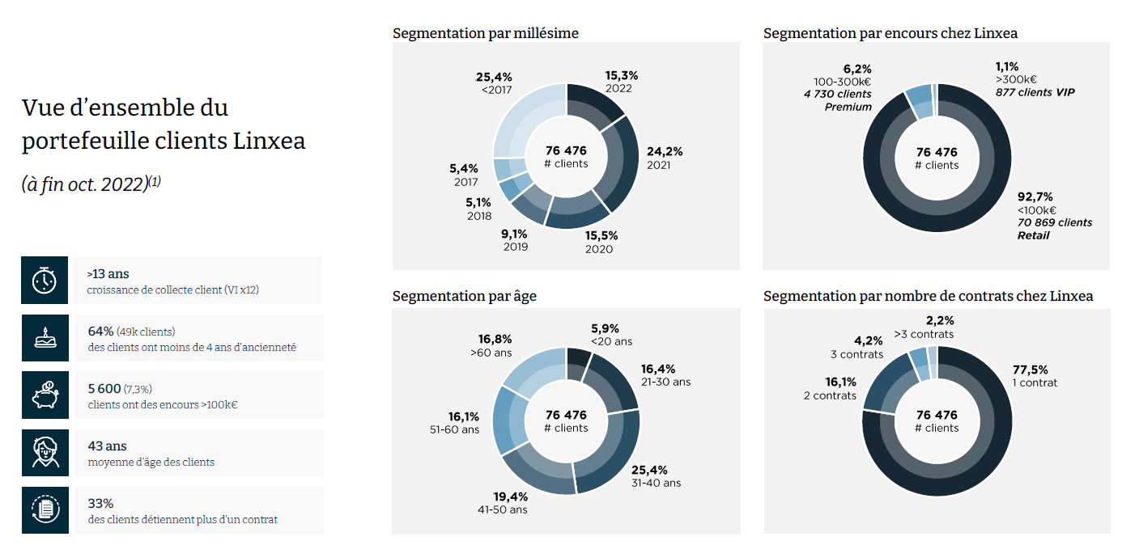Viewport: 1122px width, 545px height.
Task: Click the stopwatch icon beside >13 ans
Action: click(45, 280)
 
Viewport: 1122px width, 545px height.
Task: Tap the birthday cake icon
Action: click(45, 337)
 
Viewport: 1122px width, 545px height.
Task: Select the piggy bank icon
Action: click(45, 395)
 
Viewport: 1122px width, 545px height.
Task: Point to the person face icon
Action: click(45, 453)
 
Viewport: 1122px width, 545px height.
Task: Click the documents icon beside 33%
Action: click(45, 509)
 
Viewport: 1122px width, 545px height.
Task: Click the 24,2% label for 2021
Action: click(665, 151)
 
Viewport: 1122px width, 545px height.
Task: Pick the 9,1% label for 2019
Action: click(514, 234)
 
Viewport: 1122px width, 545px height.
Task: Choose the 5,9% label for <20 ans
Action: click(605, 328)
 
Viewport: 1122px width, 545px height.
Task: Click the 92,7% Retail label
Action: click(1035, 196)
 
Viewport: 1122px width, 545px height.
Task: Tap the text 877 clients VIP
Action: click(1035, 92)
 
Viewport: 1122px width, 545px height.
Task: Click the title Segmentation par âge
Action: click(464, 296)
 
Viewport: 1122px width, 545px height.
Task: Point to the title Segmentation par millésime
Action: click(485, 33)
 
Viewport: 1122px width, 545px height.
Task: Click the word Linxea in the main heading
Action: click(269, 141)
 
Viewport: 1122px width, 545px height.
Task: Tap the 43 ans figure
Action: click(107, 446)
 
